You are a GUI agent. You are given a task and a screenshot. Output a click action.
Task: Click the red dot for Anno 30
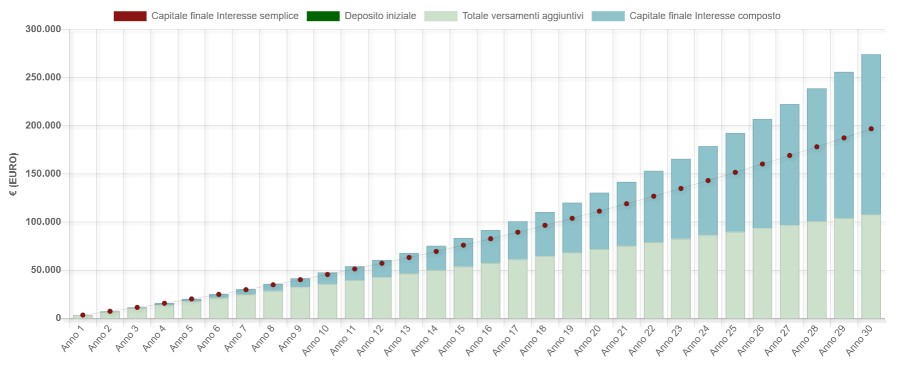pos(871,129)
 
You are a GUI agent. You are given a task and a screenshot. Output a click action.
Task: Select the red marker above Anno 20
pos(599,211)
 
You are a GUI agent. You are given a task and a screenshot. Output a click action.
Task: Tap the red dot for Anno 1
pos(83,315)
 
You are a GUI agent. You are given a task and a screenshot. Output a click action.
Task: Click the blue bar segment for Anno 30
pos(871,135)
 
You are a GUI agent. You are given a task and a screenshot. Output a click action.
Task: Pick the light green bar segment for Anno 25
pos(735,275)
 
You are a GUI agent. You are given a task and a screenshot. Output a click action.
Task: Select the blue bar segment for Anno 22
pos(654,206)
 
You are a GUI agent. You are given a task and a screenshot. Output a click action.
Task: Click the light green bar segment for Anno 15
pos(463,293)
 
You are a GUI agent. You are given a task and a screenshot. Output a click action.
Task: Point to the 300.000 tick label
pos(43,29)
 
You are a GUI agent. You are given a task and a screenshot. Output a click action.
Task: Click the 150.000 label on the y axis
pos(43,173)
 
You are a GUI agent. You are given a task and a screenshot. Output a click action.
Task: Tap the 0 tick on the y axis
pos(58,318)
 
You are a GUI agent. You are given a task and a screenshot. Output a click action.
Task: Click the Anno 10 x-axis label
pos(315,340)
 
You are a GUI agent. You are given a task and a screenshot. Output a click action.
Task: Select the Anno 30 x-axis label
pos(859,340)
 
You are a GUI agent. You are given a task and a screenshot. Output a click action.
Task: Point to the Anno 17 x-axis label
pos(506,340)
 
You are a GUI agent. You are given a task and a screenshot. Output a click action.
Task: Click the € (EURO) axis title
pos(13,174)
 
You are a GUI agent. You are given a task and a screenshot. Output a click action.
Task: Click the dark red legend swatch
pos(130,16)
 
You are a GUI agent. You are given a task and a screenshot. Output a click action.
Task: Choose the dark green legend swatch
pos(323,16)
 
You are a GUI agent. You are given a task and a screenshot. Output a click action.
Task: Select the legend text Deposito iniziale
pos(380,16)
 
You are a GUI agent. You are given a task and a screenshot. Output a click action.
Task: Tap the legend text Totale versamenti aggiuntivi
pos(523,16)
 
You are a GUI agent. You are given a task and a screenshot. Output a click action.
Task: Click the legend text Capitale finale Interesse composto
pos(705,16)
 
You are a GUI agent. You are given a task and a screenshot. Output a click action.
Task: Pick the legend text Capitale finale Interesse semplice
pos(225,16)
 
